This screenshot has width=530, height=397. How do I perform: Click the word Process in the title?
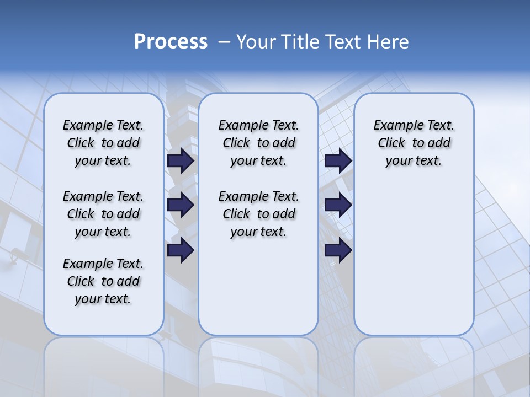tap(171, 42)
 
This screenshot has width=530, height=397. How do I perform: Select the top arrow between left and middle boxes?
tap(181, 161)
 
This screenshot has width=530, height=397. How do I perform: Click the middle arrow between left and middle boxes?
tap(181, 206)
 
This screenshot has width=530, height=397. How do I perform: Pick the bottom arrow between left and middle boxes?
tap(181, 250)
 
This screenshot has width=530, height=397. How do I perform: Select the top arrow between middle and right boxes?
tap(338, 161)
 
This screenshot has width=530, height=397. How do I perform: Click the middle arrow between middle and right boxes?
tap(338, 206)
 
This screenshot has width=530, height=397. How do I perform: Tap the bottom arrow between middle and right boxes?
tap(338, 250)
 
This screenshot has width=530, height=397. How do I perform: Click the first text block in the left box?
tap(103, 143)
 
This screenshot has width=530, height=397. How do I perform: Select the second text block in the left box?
tap(103, 214)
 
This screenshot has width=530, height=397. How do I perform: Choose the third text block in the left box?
tap(103, 281)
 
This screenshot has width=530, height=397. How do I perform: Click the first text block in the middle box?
tap(258, 143)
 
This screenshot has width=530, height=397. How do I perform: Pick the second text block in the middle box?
tap(258, 214)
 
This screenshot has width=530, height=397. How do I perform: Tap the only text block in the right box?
tap(414, 143)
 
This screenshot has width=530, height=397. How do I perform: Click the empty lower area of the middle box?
tap(258, 287)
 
